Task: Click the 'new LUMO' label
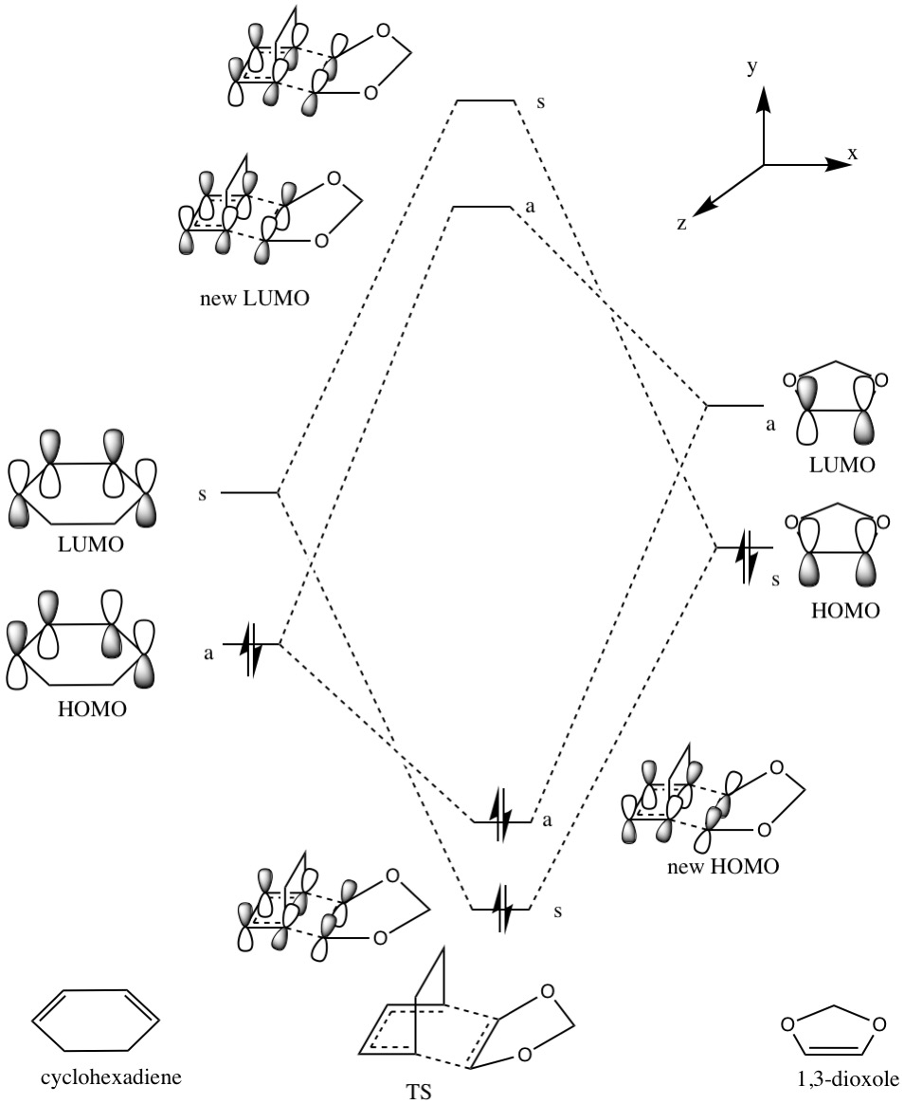(255, 299)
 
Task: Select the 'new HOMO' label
(723, 866)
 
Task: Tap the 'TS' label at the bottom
(419, 1092)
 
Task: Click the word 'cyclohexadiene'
(111, 1076)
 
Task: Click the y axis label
(752, 67)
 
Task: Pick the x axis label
(853, 154)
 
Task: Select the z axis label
(681, 223)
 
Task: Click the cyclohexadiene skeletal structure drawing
(96, 1021)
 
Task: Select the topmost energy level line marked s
(485, 101)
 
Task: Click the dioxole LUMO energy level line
(734, 406)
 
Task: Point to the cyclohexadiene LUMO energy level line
(250, 492)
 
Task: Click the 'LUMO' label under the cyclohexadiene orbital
(92, 543)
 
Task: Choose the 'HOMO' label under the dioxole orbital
(845, 610)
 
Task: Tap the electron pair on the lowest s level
(501, 909)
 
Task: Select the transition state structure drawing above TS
(467, 1008)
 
